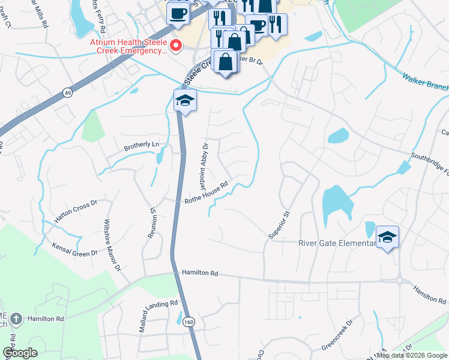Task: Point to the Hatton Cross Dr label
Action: [x=76, y=212]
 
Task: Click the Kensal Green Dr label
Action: [x=74, y=250]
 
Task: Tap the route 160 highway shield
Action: [x=189, y=322]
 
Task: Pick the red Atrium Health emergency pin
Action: [x=176, y=46]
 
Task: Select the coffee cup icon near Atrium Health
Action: [x=177, y=13]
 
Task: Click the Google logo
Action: [x=20, y=353]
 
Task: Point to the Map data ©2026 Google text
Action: [x=411, y=355]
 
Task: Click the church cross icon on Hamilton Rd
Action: [x=18, y=319]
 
